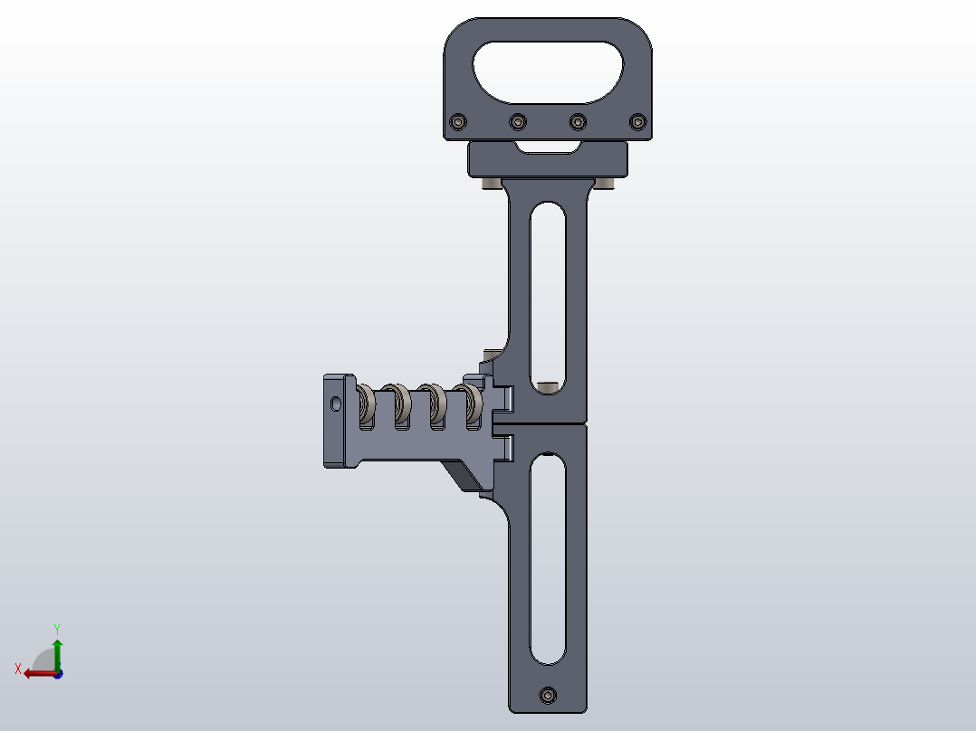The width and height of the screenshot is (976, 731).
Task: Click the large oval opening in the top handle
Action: pyautogui.click(x=548, y=71)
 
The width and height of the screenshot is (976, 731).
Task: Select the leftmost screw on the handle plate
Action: pyautogui.click(x=459, y=121)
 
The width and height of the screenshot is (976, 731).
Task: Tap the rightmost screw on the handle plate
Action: pyautogui.click(x=637, y=120)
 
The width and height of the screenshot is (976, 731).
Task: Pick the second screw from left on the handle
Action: pyautogui.click(x=518, y=121)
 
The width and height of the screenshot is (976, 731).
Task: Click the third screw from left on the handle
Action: pyautogui.click(x=578, y=120)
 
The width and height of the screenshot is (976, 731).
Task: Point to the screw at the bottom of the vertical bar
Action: pyautogui.click(x=547, y=695)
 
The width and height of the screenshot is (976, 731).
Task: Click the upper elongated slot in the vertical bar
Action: pyautogui.click(x=548, y=290)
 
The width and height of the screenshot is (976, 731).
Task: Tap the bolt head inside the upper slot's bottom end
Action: pyautogui.click(x=547, y=386)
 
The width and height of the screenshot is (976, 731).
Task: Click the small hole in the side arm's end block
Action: pyautogui.click(x=337, y=402)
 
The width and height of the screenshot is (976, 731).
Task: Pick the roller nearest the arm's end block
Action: pyautogui.click(x=368, y=404)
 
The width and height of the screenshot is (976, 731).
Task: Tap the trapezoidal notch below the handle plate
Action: pyautogui.click(x=547, y=147)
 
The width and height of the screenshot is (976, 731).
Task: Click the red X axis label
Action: pyautogui.click(x=17, y=669)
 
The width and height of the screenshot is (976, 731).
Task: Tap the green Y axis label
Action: pyautogui.click(x=57, y=628)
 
